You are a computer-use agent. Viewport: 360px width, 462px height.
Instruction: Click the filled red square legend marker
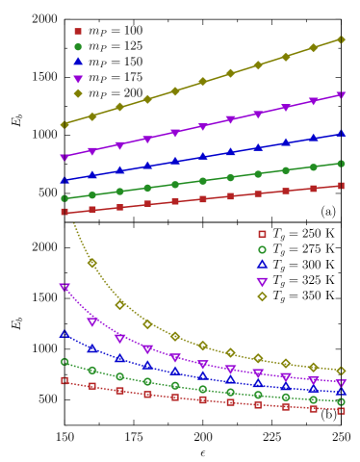78,31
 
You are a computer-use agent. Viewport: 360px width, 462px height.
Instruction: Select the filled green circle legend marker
78,46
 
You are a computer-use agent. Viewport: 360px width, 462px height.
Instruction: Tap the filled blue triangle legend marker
78,62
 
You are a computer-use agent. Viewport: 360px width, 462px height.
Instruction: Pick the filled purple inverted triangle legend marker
78,79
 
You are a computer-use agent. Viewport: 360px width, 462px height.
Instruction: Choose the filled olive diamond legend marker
78,93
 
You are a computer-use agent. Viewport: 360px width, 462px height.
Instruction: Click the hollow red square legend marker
262,234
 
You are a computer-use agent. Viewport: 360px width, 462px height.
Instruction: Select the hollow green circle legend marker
262,249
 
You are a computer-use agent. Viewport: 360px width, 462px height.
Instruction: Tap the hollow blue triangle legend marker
262,265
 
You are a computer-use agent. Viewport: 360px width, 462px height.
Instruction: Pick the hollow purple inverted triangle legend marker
262,282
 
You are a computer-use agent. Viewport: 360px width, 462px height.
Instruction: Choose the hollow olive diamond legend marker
262,296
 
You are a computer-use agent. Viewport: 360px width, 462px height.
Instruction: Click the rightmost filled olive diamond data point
341,39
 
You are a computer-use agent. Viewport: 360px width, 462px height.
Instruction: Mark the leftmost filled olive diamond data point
64,124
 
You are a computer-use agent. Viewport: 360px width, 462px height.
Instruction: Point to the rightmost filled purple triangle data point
341,95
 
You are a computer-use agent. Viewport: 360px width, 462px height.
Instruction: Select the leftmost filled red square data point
64,212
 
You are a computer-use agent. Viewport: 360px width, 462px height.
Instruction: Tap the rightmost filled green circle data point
341,164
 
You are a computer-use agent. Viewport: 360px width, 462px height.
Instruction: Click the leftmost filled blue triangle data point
64,180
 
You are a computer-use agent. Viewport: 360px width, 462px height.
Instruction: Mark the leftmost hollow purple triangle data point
64,287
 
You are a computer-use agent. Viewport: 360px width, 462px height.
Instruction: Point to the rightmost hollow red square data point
341,410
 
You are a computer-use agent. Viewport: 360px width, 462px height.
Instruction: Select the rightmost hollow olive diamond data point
341,371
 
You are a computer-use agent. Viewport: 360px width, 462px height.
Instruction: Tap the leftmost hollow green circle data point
64,362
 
